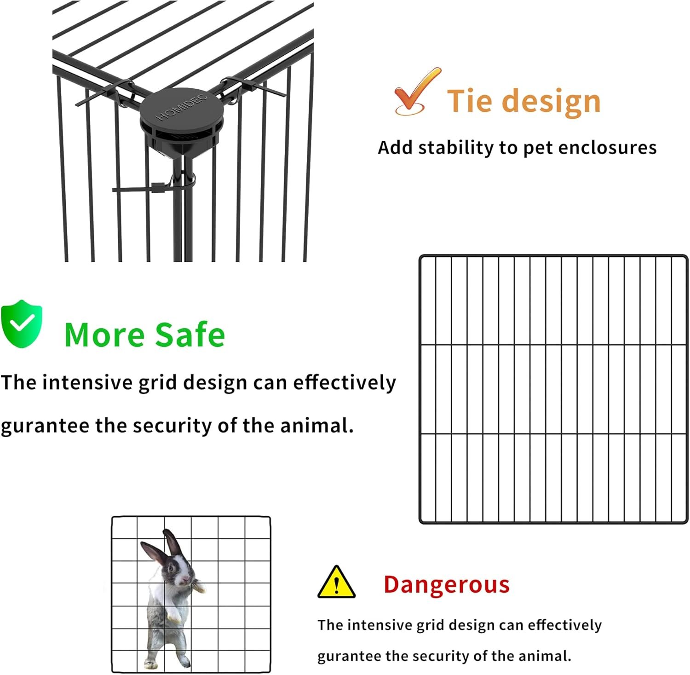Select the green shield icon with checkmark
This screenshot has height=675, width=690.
click(22, 324)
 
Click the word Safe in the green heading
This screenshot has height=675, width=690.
click(190, 335)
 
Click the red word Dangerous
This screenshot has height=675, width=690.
click(447, 585)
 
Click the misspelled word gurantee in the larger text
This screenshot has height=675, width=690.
click(45, 426)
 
